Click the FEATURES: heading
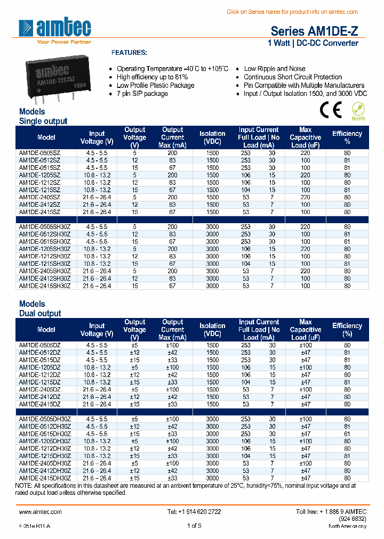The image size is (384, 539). pos(129,53)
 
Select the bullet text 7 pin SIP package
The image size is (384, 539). pos(142,94)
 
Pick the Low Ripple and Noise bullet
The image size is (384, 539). pos(275,69)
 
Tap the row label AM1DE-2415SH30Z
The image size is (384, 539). pos(44,286)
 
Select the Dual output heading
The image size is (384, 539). pos(40,314)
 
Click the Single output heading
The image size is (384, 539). pos(43,121)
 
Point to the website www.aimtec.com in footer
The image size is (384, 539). pos(41,511)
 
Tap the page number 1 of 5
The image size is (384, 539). pos(194,526)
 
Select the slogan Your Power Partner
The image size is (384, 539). pos(63,42)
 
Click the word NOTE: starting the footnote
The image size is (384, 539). pos(23,486)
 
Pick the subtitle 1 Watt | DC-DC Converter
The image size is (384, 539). pos(313,43)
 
